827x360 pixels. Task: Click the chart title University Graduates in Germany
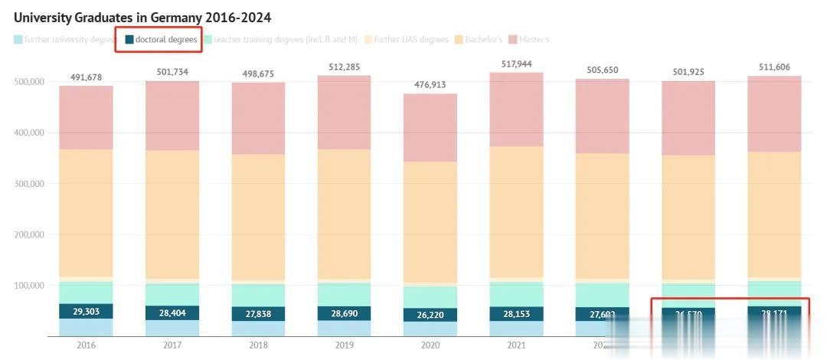[x=142, y=17]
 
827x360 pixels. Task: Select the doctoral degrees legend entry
[x=161, y=39]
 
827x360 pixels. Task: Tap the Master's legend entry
[x=534, y=39]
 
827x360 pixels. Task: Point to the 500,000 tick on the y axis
[x=30, y=82]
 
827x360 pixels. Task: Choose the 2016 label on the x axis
[x=86, y=345]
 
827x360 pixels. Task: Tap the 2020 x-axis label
[x=430, y=345]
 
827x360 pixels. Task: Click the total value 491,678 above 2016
[x=86, y=77]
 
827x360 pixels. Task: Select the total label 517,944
[x=515, y=64]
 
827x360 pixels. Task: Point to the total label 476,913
[x=430, y=86]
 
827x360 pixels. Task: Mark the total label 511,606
[x=773, y=67]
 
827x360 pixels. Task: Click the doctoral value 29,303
[x=86, y=312]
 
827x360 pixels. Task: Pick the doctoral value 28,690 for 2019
[x=344, y=314]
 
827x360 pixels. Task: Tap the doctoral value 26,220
[x=430, y=316]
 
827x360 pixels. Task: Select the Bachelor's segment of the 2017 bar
[x=172, y=214]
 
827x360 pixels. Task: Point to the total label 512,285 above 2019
[x=344, y=67]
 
